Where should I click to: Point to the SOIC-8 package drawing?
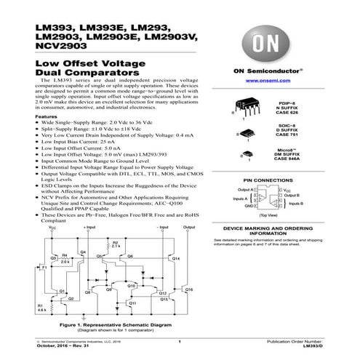pos(249,132)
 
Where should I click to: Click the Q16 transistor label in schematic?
pos(190,289)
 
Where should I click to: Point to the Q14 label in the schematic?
pos(176,258)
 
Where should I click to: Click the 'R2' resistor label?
pos(115,241)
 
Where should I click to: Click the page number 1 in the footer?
pos(179,340)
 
